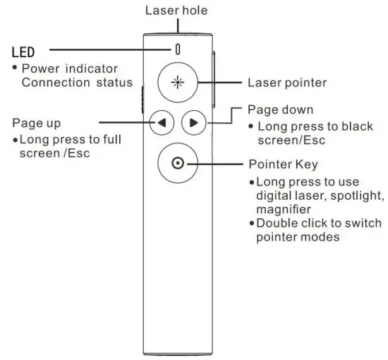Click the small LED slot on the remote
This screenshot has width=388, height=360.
(x=178, y=49)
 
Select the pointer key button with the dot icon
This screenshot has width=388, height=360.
(x=178, y=164)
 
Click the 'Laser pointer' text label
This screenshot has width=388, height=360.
(x=287, y=83)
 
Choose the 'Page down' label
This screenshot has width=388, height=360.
(x=281, y=111)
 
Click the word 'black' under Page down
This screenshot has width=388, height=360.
(x=357, y=126)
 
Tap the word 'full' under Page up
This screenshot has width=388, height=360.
(x=109, y=139)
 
